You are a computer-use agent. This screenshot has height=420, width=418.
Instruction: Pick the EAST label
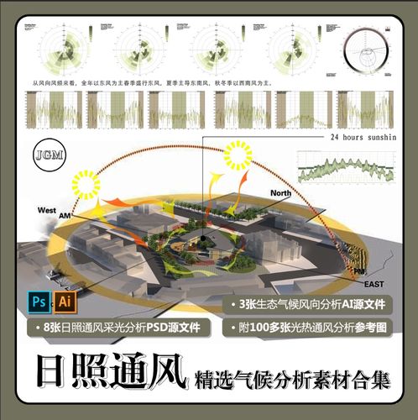click(x=374, y=286)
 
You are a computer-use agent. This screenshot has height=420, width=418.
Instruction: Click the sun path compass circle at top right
click(x=368, y=45)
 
